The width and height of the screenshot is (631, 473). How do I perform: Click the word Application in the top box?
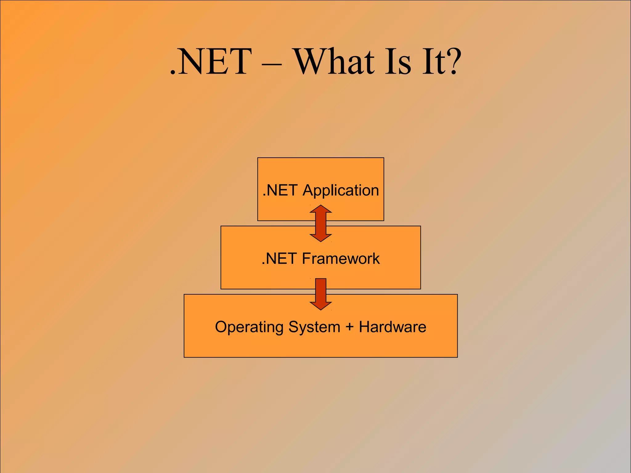pyautogui.click(x=340, y=191)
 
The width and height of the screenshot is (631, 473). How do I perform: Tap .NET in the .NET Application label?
pyautogui.click(x=280, y=190)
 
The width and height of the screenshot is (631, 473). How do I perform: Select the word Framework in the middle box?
pyautogui.click(x=340, y=258)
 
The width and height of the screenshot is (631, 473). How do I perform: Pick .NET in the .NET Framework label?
pyautogui.click(x=279, y=258)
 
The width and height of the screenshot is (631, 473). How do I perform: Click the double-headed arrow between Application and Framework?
pyautogui.click(x=321, y=223)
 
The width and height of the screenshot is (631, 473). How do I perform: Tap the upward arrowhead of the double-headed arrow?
pyautogui.click(x=321, y=209)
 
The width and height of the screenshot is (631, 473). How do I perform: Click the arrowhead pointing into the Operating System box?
pyautogui.click(x=321, y=305)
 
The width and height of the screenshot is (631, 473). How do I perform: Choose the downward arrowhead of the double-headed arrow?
pyautogui.click(x=321, y=238)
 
